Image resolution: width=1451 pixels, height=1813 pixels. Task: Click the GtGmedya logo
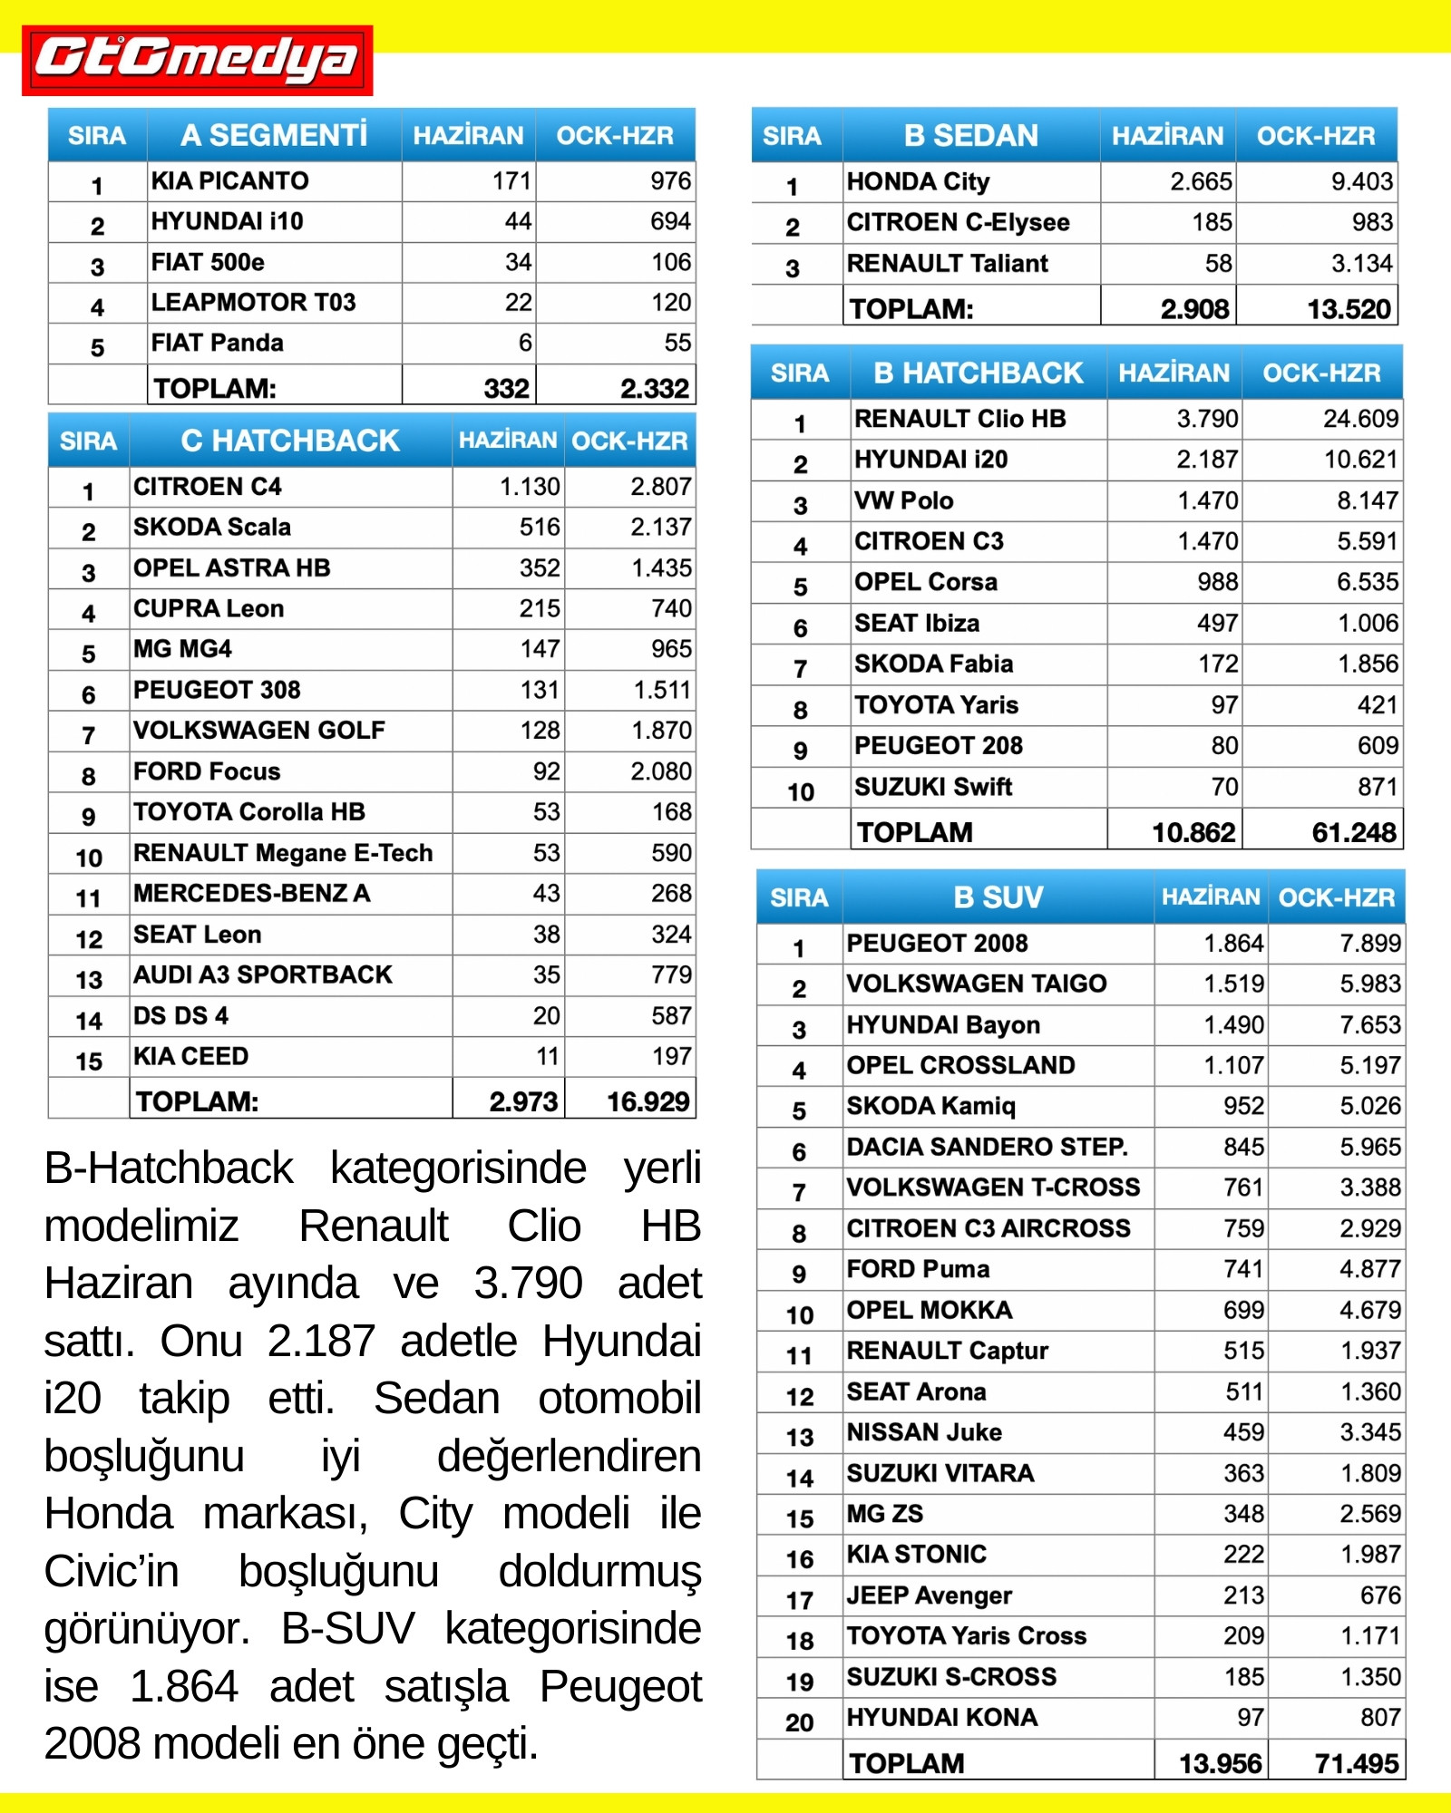pos(197,60)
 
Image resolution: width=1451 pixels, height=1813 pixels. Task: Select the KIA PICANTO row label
pos(229,181)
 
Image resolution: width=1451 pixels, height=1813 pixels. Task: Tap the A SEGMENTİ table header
pos(274,135)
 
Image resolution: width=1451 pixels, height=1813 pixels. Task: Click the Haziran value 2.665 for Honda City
pos(1201,182)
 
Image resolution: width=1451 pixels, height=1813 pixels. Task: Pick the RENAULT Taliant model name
pos(947,264)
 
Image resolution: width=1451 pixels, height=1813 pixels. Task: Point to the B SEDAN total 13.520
pos(1349,309)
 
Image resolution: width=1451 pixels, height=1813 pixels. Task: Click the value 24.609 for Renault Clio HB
pos(1360,419)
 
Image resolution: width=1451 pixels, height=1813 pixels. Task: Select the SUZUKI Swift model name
pos(932,787)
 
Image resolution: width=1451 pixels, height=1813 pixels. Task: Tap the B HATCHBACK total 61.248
pos(1354,832)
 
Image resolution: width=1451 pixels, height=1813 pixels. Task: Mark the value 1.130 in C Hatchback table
pos(530,487)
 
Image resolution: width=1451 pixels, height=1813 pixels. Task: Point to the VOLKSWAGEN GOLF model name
pos(258,731)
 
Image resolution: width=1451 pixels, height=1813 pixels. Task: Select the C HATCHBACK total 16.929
pos(648,1101)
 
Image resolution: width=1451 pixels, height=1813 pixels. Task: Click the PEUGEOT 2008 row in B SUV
pos(937,944)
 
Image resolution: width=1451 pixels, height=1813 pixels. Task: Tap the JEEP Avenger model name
pos(929,1595)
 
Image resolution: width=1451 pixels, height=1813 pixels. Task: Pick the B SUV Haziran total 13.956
pos(1220,1763)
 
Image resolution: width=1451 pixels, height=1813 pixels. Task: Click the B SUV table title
pos(998,897)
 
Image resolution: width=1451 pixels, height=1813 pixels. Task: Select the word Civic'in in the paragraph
pos(112,1571)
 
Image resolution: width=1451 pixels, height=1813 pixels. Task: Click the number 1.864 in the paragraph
pos(183,1687)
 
